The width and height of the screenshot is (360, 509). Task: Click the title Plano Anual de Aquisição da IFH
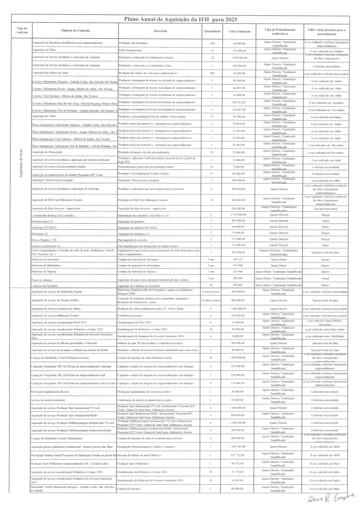pyautogui.click(x=180, y=20)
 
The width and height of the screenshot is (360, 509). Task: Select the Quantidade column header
pyautogui.click(x=212, y=31)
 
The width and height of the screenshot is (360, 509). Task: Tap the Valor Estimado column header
pyautogui.click(x=239, y=31)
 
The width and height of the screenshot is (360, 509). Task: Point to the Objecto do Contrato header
pyautogui.click(x=76, y=31)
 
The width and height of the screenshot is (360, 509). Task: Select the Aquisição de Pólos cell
pyautogui.click(x=44, y=50)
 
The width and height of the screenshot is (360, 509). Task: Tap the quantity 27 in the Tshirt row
pyautogui.click(x=212, y=117)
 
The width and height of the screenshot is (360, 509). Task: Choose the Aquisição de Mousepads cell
pyautogui.click(x=48, y=152)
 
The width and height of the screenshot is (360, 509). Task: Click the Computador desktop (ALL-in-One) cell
pyautogui.click(x=53, y=215)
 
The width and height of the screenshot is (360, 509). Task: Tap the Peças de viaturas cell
pyautogui.click(x=42, y=280)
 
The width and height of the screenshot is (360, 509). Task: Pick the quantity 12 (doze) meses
pyautogui.click(x=211, y=300)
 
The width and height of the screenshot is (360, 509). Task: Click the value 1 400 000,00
pyautogui.click(x=238, y=408)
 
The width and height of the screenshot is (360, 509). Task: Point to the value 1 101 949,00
pyautogui.click(x=238, y=447)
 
